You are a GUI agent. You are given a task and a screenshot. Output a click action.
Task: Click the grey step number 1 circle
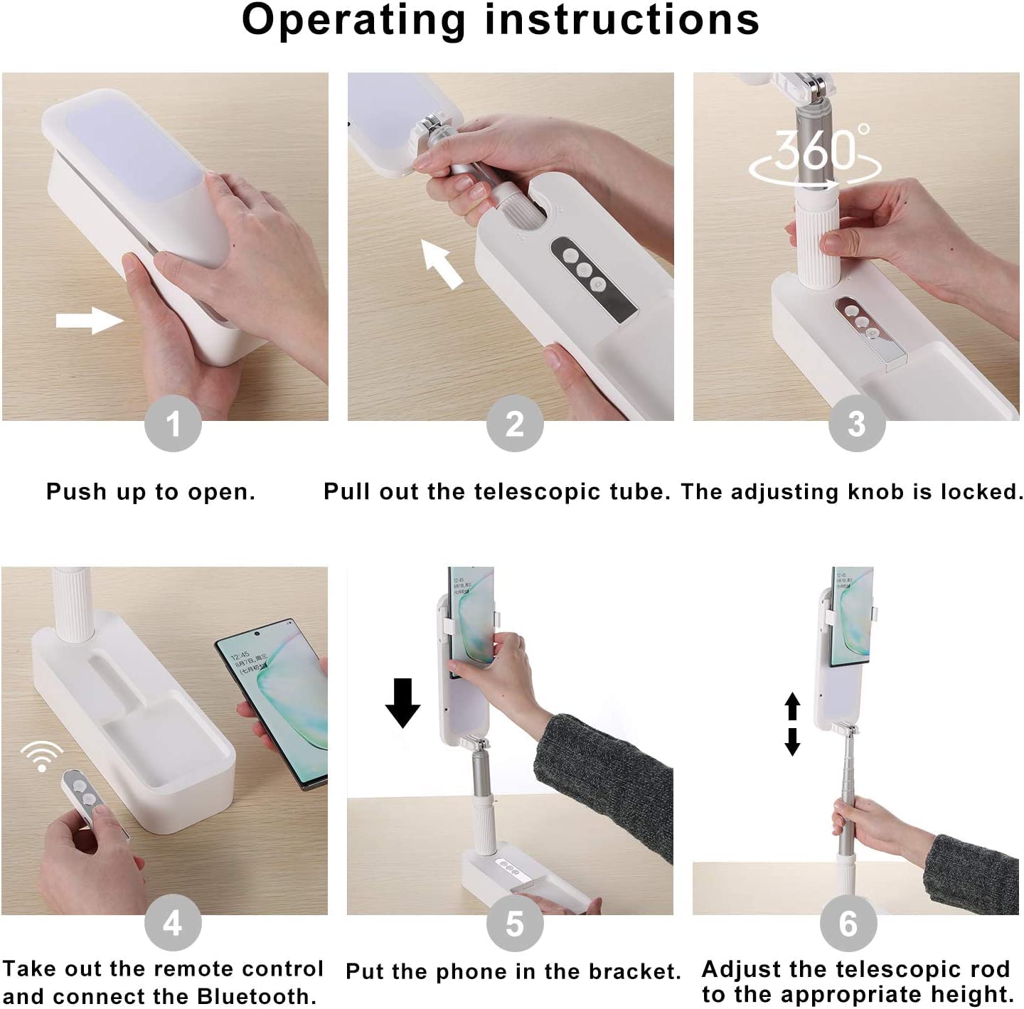pos(173,424)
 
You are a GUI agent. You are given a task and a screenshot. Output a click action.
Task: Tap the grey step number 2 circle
pos(515,424)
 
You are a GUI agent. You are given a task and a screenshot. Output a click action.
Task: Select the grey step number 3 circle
pos(857,424)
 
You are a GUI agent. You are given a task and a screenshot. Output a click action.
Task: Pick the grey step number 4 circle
pos(173,923)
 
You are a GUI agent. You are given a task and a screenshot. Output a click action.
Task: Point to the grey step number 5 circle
pos(515,923)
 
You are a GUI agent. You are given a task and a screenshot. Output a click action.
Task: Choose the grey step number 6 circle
pos(848,923)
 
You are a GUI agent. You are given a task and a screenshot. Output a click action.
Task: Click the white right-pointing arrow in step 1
pos(90,321)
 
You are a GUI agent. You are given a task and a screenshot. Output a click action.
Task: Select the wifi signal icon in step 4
pos(42,757)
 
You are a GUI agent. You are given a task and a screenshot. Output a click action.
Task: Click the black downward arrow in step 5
pos(402,703)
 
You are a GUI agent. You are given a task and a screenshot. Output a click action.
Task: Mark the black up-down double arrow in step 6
pos(792,724)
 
